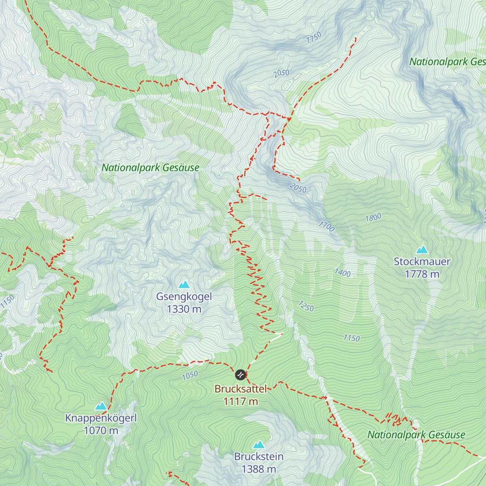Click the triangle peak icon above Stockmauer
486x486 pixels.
422,249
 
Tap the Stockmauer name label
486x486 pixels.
422,262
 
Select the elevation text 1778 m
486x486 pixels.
422,274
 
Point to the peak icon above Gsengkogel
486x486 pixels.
184,284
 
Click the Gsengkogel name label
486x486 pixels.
184,296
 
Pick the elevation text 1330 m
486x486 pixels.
184,309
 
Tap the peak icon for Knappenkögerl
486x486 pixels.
101,406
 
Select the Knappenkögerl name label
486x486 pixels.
101,418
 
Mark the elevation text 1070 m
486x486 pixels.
101,431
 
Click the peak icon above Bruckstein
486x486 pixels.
259,445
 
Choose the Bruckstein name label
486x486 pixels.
259,456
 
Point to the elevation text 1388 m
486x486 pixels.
259,469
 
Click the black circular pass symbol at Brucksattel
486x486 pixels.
241,375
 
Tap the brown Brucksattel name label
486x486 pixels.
241,389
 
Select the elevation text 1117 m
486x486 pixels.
241,401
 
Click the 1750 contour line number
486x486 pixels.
314,37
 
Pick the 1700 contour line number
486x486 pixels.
326,226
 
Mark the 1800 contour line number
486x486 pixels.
373,217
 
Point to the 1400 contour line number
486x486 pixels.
342,273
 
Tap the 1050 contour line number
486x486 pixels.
190,375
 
